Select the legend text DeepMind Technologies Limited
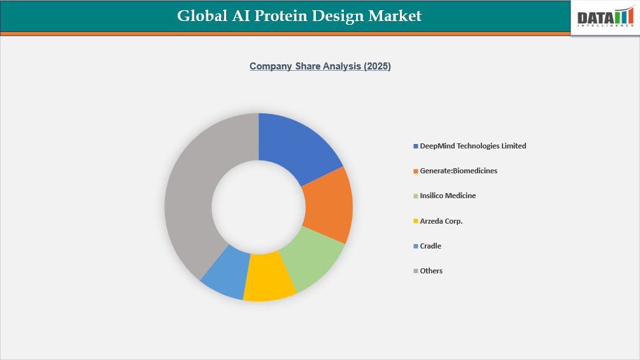click(x=473, y=146)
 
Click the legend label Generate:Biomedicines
click(x=459, y=171)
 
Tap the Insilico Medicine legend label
click(x=448, y=196)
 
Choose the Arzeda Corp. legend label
click(x=441, y=221)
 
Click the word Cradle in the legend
click(x=430, y=246)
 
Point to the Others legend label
click(x=431, y=271)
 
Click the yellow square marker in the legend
click(x=416, y=221)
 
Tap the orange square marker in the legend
click(x=416, y=171)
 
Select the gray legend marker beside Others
click(x=416, y=271)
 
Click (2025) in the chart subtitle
click(x=377, y=66)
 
